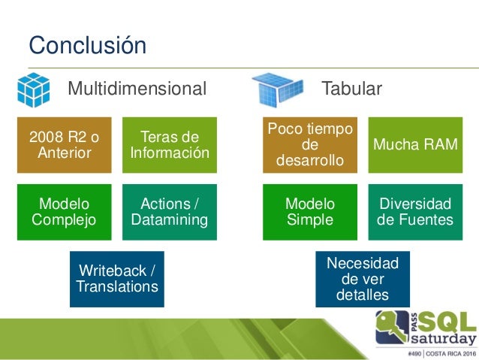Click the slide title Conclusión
pos(87,44)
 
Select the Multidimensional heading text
pos(137,89)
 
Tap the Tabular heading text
pos(352,89)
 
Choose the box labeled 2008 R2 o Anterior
pos(65,145)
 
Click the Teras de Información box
pos(170,145)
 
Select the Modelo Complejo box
pos(65,212)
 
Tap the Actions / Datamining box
pos(170,212)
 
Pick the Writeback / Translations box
pos(117,279)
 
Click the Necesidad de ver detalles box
pos(363,279)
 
